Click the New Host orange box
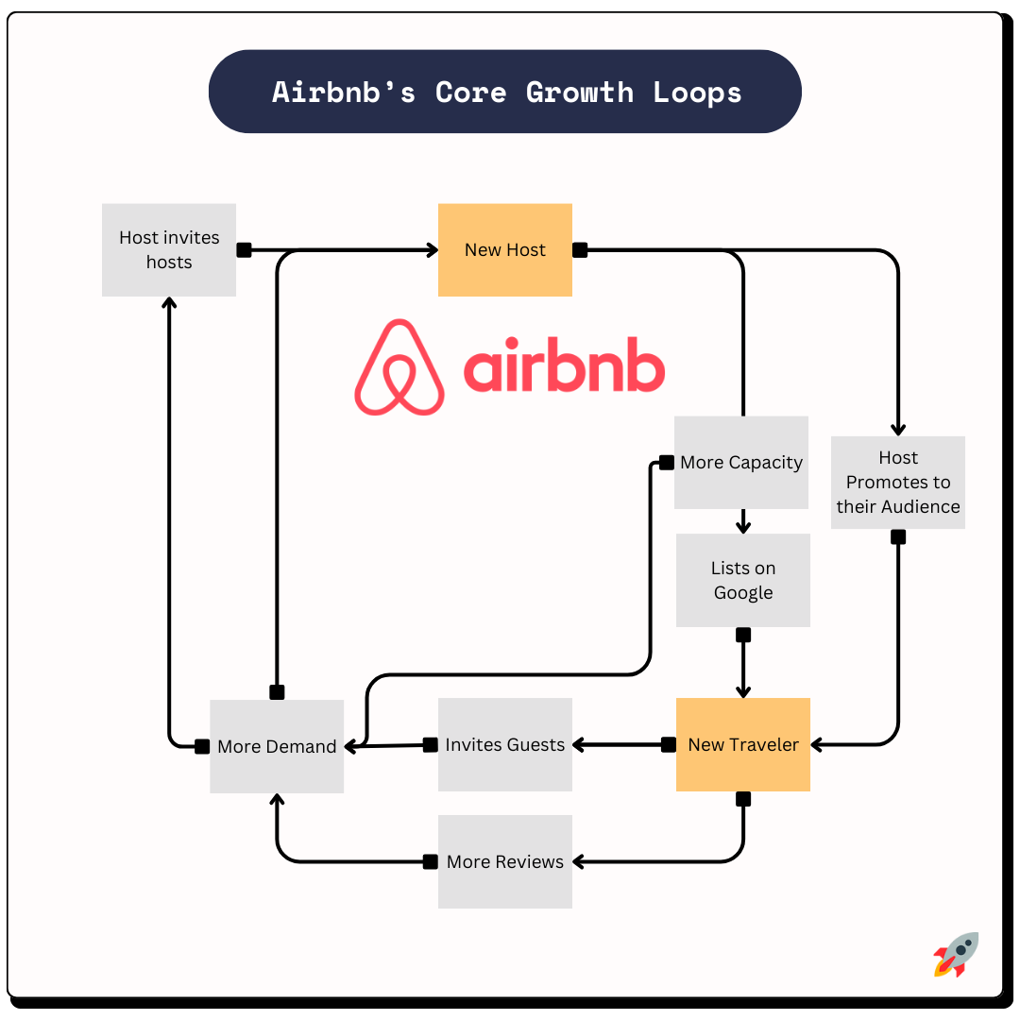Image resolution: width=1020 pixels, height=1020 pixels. click(x=504, y=250)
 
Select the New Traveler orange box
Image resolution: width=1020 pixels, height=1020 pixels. click(x=743, y=744)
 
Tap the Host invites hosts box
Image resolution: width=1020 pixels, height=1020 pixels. click(x=169, y=250)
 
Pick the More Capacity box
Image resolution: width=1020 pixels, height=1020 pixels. click(x=741, y=463)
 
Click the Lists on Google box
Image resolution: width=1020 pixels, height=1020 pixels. click(x=743, y=580)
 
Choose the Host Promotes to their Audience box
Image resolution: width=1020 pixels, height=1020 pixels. click(x=898, y=482)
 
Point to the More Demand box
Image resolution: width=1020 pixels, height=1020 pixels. click(x=277, y=746)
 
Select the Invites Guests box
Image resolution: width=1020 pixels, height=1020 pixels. click(x=505, y=744)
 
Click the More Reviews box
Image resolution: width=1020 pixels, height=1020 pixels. click(x=505, y=861)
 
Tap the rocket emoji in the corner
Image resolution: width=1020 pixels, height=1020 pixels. click(x=956, y=954)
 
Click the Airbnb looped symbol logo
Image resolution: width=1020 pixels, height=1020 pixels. click(x=399, y=367)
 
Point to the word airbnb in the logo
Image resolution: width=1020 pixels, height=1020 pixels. click(x=564, y=367)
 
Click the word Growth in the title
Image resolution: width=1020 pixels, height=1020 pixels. click(x=579, y=93)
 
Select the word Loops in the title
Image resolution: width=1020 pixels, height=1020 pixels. click(x=697, y=93)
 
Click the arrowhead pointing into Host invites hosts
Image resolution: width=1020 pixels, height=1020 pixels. click(x=169, y=303)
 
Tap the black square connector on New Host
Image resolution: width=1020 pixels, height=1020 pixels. click(x=580, y=250)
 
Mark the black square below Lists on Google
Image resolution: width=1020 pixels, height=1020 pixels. click(x=743, y=635)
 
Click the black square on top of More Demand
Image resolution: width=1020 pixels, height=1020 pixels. click(x=277, y=692)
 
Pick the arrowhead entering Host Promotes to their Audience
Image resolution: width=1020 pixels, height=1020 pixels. click(x=898, y=429)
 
